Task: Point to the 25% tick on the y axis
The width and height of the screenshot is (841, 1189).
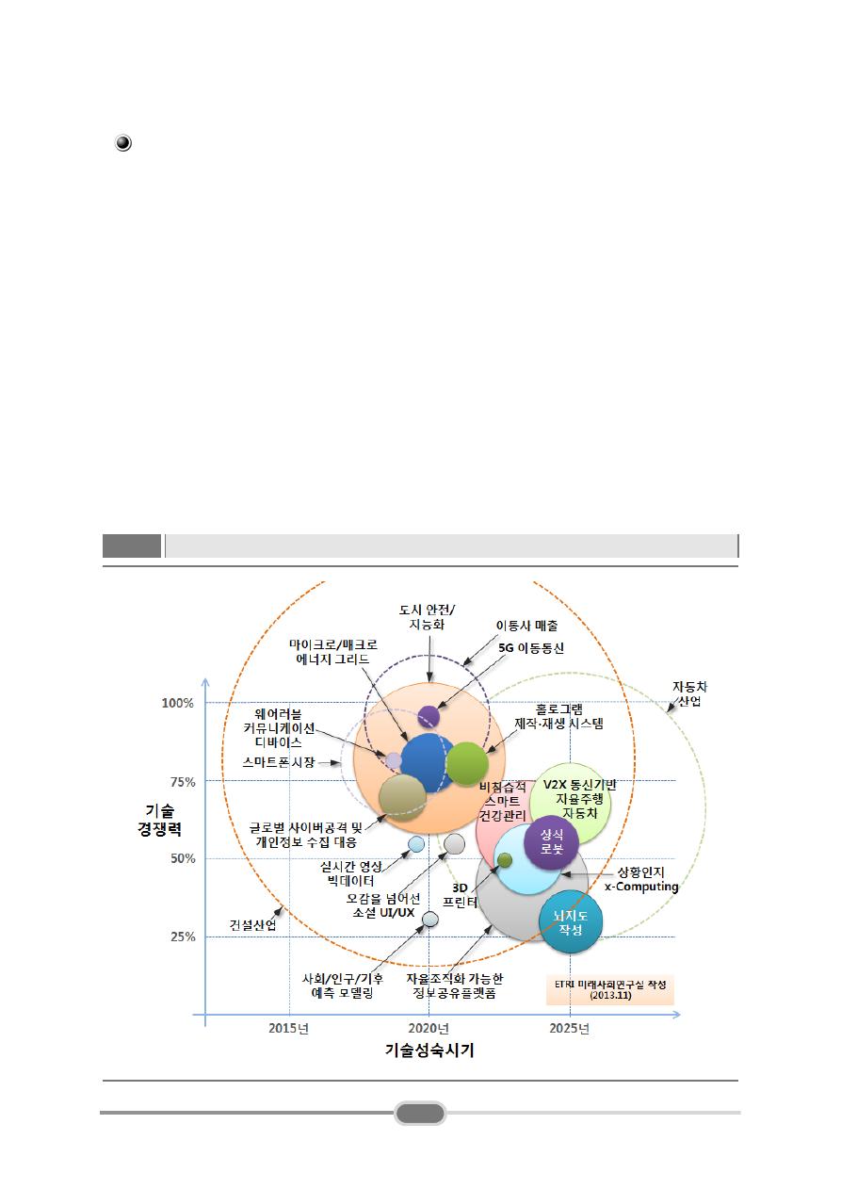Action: click(x=179, y=937)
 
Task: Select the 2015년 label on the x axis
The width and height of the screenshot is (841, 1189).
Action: click(x=288, y=1029)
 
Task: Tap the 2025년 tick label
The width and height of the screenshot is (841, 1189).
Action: click(x=569, y=1029)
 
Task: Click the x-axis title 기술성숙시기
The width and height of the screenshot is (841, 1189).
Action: click(x=429, y=1051)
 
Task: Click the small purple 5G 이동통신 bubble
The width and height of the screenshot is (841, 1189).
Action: click(x=429, y=716)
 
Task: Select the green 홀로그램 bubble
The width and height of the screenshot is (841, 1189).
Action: click(x=467, y=763)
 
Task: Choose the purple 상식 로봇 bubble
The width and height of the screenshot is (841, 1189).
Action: click(x=551, y=841)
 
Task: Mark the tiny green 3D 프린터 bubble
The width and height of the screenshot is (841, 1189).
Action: click(x=505, y=859)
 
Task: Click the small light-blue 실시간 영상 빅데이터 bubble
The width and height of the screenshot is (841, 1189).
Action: click(x=416, y=844)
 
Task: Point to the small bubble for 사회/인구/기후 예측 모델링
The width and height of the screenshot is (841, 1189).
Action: click(x=430, y=919)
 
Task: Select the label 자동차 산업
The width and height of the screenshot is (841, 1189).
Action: click(x=687, y=694)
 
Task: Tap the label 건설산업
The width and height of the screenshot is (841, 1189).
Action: click(x=253, y=924)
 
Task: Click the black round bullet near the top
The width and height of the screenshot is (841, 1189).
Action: click(x=123, y=143)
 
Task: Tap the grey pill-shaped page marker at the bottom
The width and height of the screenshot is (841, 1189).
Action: click(x=420, y=1113)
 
